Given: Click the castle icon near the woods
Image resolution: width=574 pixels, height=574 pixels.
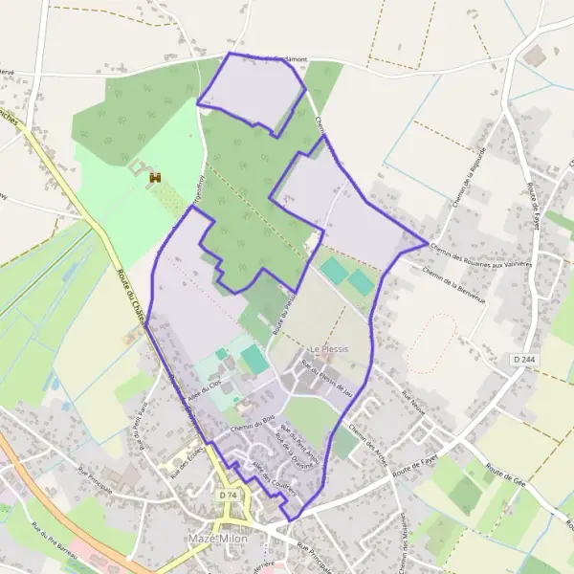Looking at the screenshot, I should pyautogui.click(x=153, y=178).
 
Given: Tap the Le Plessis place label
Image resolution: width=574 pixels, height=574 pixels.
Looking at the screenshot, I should pyautogui.click(x=328, y=349).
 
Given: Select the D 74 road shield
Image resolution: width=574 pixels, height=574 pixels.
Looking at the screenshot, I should pyautogui.click(x=227, y=496).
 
